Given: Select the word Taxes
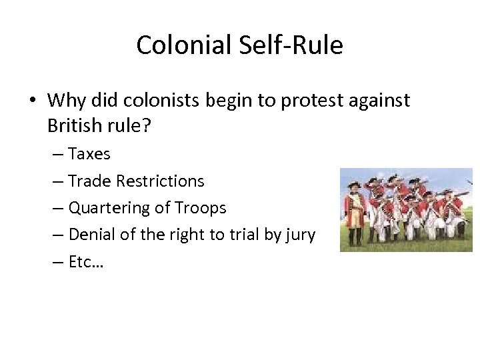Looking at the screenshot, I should pos(89,154).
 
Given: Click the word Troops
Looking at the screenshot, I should pos(200,208).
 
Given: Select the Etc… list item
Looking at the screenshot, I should pos(86,261).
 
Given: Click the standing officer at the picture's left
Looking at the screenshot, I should pos(355,212).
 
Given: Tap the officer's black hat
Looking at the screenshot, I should pos(353,178).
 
